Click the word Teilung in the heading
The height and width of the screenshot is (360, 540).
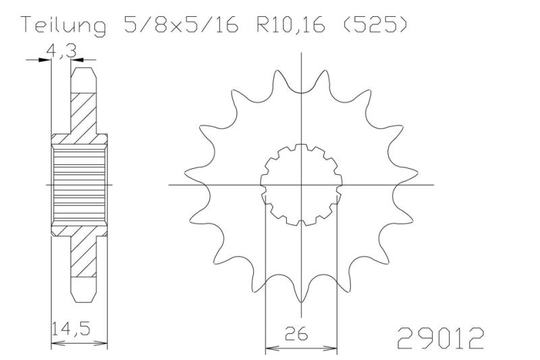pos(63,26)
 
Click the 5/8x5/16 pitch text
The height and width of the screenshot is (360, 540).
pos(181,25)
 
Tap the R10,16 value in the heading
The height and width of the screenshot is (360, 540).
pos(291,25)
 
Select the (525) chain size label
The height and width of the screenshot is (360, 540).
pos(375,25)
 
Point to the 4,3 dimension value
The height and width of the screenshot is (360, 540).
pos(61,52)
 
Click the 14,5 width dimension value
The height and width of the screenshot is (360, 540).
pos(72,328)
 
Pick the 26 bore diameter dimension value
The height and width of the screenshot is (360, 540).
pos(296,334)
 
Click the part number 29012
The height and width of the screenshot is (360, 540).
pos(441,338)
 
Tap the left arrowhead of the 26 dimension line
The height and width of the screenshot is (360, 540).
pos(271,349)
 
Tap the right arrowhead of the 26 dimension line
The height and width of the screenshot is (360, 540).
pos(331,349)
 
